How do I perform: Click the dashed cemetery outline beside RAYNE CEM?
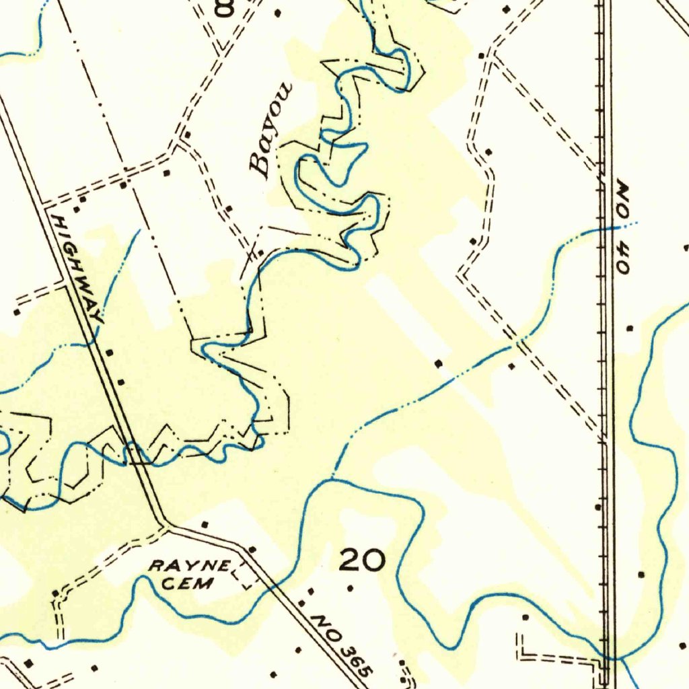click(244, 577)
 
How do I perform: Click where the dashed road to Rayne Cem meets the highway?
click(166, 525)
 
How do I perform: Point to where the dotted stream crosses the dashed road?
click(517, 344)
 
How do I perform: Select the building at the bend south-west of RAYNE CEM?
click(55, 593)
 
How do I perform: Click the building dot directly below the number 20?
click(350, 588)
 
